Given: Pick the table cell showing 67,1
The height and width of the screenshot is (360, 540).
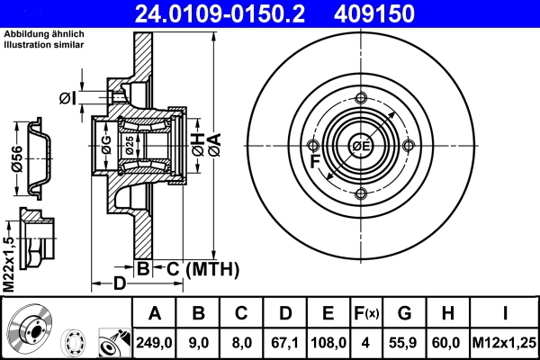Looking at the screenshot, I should pos(284,343).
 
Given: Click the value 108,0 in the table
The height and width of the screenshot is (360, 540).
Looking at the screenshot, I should pos(328,343).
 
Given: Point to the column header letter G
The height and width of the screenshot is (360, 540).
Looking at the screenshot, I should pos(404,314).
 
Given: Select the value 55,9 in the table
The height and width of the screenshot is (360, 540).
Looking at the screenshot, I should pos(404,343).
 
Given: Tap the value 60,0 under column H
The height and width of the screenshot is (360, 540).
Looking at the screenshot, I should pos(447,343).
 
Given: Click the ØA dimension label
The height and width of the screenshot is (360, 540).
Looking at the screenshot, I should pos(214,149).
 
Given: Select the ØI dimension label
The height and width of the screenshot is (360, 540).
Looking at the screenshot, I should pos(67,97).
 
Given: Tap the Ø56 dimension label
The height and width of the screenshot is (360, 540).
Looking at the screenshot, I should pos(16,158).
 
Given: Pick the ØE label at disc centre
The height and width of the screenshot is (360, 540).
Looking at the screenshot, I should pos(362,147).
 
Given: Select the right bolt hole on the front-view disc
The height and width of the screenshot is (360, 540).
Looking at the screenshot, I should pos(409,147).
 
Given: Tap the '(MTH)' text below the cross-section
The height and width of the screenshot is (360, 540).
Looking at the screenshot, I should pos(211,268).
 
